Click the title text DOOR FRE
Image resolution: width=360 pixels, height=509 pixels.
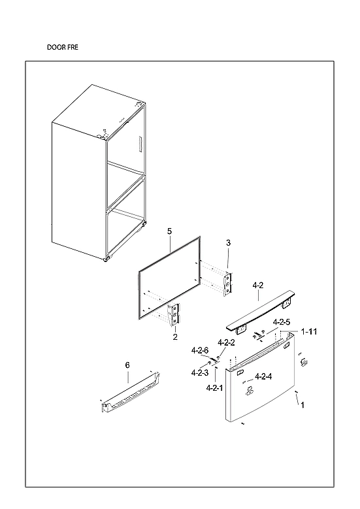(x=63, y=48)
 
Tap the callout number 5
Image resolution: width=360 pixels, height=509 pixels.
(x=169, y=231)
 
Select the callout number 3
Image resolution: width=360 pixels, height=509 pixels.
(x=228, y=243)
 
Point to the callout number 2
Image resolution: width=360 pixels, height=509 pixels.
(x=175, y=337)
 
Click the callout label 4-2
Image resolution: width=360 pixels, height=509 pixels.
(x=257, y=286)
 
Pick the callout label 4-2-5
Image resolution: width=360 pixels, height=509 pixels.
(x=281, y=322)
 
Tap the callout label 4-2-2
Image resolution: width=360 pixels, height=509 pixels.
(x=226, y=343)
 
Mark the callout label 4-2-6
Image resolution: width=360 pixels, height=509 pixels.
(x=200, y=351)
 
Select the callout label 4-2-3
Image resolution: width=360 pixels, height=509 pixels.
(x=200, y=372)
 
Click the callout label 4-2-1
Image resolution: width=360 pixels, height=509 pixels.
(x=215, y=388)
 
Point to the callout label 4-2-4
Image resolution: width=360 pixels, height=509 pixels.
(x=263, y=376)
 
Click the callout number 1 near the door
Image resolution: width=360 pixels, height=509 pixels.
(x=303, y=405)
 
